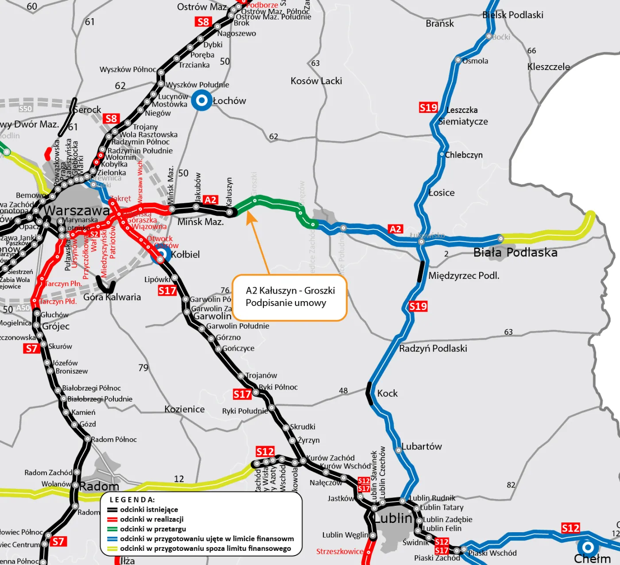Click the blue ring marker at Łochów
click(x=202, y=100)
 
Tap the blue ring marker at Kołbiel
click(x=161, y=254)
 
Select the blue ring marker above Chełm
click(x=588, y=547)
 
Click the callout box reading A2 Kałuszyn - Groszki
click(x=290, y=297)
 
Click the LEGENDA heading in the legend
click(x=132, y=500)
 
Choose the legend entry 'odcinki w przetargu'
click(x=153, y=529)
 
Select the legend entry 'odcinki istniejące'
click(x=149, y=510)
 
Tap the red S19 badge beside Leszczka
click(x=428, y=108)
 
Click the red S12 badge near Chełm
click(x=570, y=528)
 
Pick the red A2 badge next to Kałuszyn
click(x=210, y=200)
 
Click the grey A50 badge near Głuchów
click(x=23, y=308)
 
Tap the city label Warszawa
click(x=77, y=211)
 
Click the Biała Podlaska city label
click(x=515, y=253)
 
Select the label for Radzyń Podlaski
click(x=433, y=348)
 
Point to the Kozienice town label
click(x=184, y=409)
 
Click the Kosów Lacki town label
click(x=316, y=81)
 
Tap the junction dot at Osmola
click(x=458, y=60)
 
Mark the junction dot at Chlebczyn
click(x=442, y=154)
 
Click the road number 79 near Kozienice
click(x=143, y=368)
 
